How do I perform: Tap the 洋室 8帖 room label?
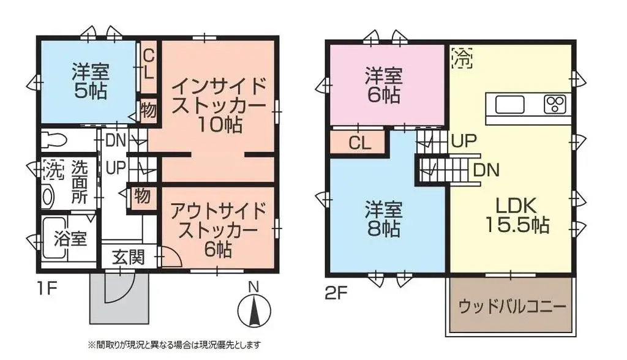[384, 219]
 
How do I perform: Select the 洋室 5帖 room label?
[90, 81]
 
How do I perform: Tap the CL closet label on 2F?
[359, 143]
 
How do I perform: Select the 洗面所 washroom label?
[80, 182]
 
